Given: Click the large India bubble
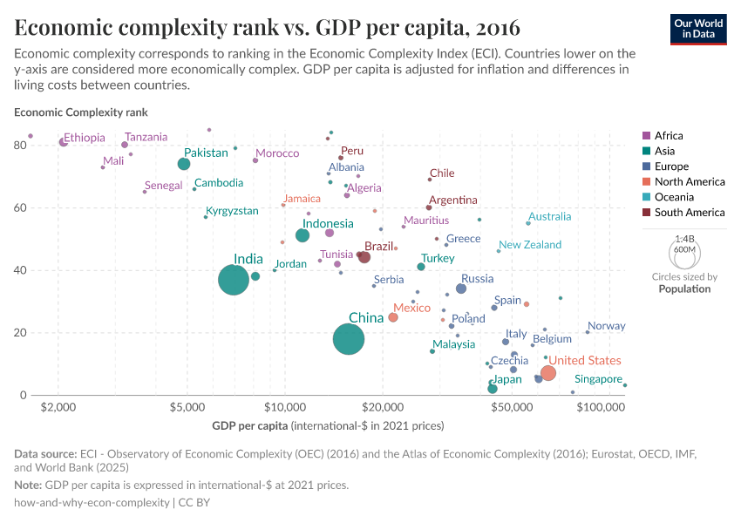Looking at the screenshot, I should [x=234, y=280].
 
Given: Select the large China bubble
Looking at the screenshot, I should [x=349, y=339].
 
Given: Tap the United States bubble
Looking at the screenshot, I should [x=548, y=373].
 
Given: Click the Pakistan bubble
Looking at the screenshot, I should [x=184, y=164].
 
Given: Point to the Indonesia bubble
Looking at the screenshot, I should [x=303, y=235].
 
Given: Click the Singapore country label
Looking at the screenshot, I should [x=598, y=379].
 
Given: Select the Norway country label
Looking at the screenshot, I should [x=607, y=326].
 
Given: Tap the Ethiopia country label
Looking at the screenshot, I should [x=85, y=138].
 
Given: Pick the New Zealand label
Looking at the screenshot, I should [x=530, y=245].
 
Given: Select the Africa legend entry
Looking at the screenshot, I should [x=669, y=136].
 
